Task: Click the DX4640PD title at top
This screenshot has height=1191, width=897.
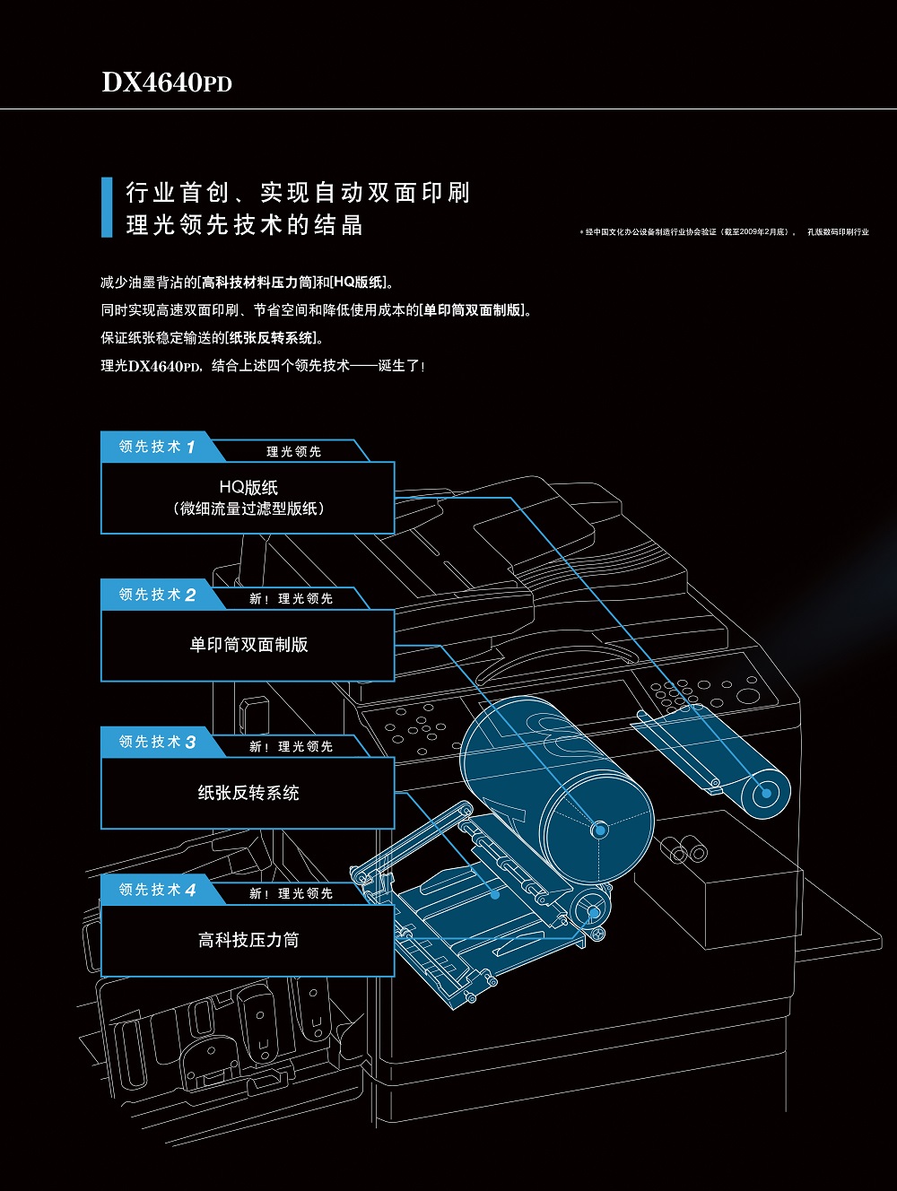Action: [x=167, y=83]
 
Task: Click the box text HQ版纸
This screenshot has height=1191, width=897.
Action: [x=248, y=487]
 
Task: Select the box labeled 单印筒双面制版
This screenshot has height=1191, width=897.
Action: [x=248, y=645]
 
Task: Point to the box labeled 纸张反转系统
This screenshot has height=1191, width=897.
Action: [x=248, y=793]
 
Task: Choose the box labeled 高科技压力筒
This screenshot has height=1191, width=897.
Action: [x=248, y=940]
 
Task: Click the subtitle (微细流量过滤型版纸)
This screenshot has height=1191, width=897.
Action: [x=248, y=509]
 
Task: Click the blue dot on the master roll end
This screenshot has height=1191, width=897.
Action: [x=766, y=793]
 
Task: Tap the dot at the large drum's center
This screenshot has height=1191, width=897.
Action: [x=598, y=829]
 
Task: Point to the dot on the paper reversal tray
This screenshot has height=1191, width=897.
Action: [x=495, y=894]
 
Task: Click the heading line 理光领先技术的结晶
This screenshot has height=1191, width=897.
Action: [x=244, y=224]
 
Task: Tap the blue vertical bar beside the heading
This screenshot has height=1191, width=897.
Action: [x=107, y=207]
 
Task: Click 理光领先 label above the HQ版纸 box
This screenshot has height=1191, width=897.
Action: [x=293, y=452]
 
